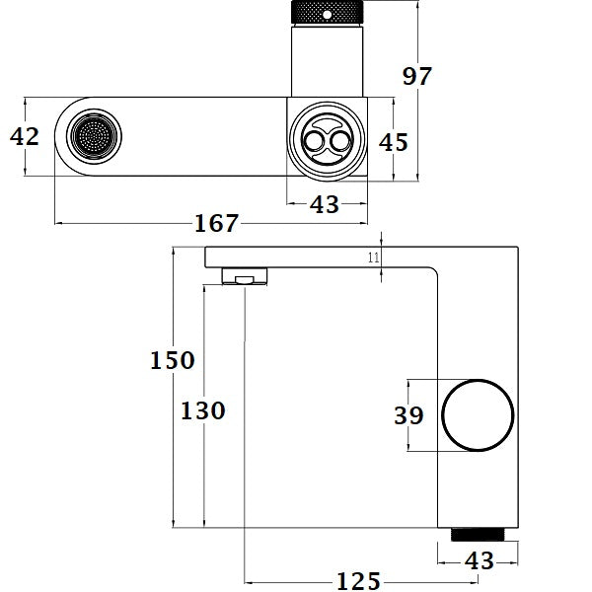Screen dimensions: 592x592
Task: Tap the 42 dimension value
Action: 25,136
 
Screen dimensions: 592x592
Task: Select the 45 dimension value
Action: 393,141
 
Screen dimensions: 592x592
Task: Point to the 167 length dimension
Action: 217,223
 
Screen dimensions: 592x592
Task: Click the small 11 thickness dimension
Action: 373,258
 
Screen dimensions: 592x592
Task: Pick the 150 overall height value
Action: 173,360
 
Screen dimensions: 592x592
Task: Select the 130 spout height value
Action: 204,409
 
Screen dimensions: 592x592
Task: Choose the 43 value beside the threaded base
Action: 478,559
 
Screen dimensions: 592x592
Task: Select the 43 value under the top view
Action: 325,204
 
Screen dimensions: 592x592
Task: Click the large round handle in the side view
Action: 478,414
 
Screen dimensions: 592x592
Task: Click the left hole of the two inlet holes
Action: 315,144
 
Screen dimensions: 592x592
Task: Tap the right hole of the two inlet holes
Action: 340,144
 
